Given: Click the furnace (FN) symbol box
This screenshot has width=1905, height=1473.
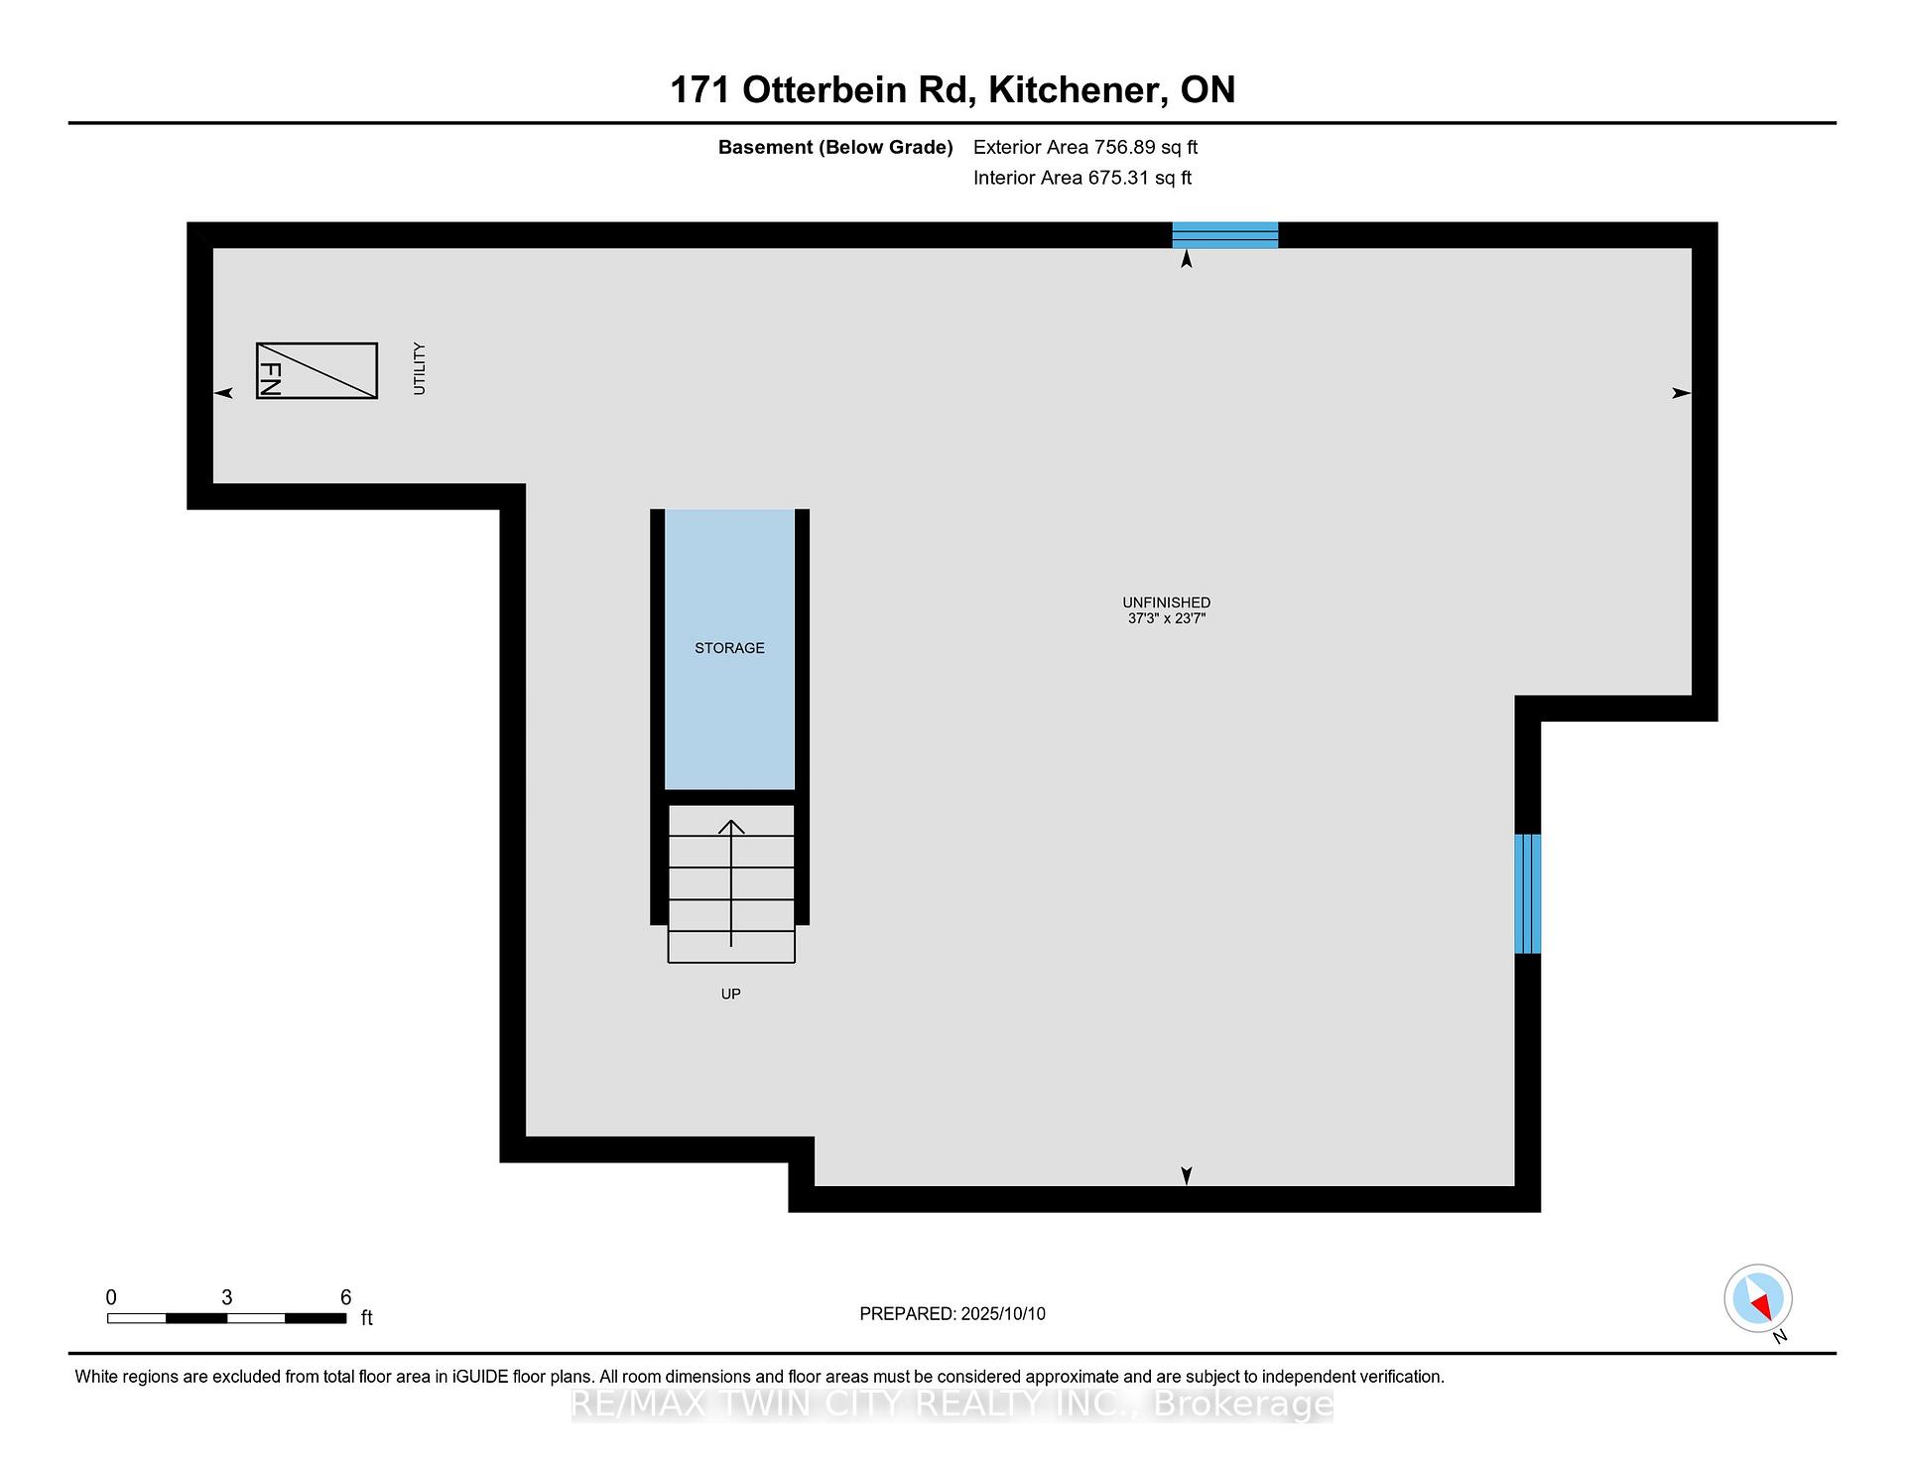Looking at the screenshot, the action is pyautogui.click(x=317, y=370).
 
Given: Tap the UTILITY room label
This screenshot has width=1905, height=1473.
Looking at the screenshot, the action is pyautogui.click(x=420, y=368).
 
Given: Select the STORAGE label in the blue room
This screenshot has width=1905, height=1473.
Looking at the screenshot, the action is pyautogui.click(x=729, y=648).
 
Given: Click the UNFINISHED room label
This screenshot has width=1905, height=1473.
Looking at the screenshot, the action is pyautogui.click(x=1167, y=603).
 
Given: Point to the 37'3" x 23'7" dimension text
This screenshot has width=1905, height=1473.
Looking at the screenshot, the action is pyautogui.click(x=1167, y=618).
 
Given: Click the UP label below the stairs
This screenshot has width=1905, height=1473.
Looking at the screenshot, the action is pyautogui.click(x=731, y=994).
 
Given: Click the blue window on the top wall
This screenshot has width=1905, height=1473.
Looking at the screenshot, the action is pyautogui.click(x=1225, y=235).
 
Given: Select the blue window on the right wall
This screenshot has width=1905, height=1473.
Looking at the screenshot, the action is pyautogui.click(x=1528, y=893).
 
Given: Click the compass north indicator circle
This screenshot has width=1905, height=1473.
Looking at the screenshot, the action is pyautogui.click(x=1758, y=1298).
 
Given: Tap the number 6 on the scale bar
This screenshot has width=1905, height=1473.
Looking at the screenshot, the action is pyautogui.click(x=345, y=1296).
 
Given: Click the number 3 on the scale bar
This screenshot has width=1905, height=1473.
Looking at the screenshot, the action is pyautogui.click(x=227, y=1296).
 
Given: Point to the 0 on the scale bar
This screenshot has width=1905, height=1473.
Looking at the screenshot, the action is pyautogui.click(x=111, y=1296).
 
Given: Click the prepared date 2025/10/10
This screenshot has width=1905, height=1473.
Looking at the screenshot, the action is pyautogui.click(x=1003, y=1313).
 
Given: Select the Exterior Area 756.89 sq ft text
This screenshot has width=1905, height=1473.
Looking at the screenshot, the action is pyautogui.click(x=1085, y=147).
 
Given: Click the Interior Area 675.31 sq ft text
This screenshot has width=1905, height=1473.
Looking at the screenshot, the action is pyautogui.click(x=1082, y=178).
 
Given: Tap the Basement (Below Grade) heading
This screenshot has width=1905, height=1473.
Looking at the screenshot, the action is pyautogui.click(x=835, y=148).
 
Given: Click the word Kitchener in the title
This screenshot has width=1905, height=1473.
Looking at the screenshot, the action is pyautogui.click(x=1076, y=90).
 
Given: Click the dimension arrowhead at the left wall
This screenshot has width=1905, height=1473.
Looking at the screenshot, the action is pyautogui.click(x=223, y=393).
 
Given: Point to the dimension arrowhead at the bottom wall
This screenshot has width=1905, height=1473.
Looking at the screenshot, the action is pyautogui.click(x=1187, y=1176).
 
